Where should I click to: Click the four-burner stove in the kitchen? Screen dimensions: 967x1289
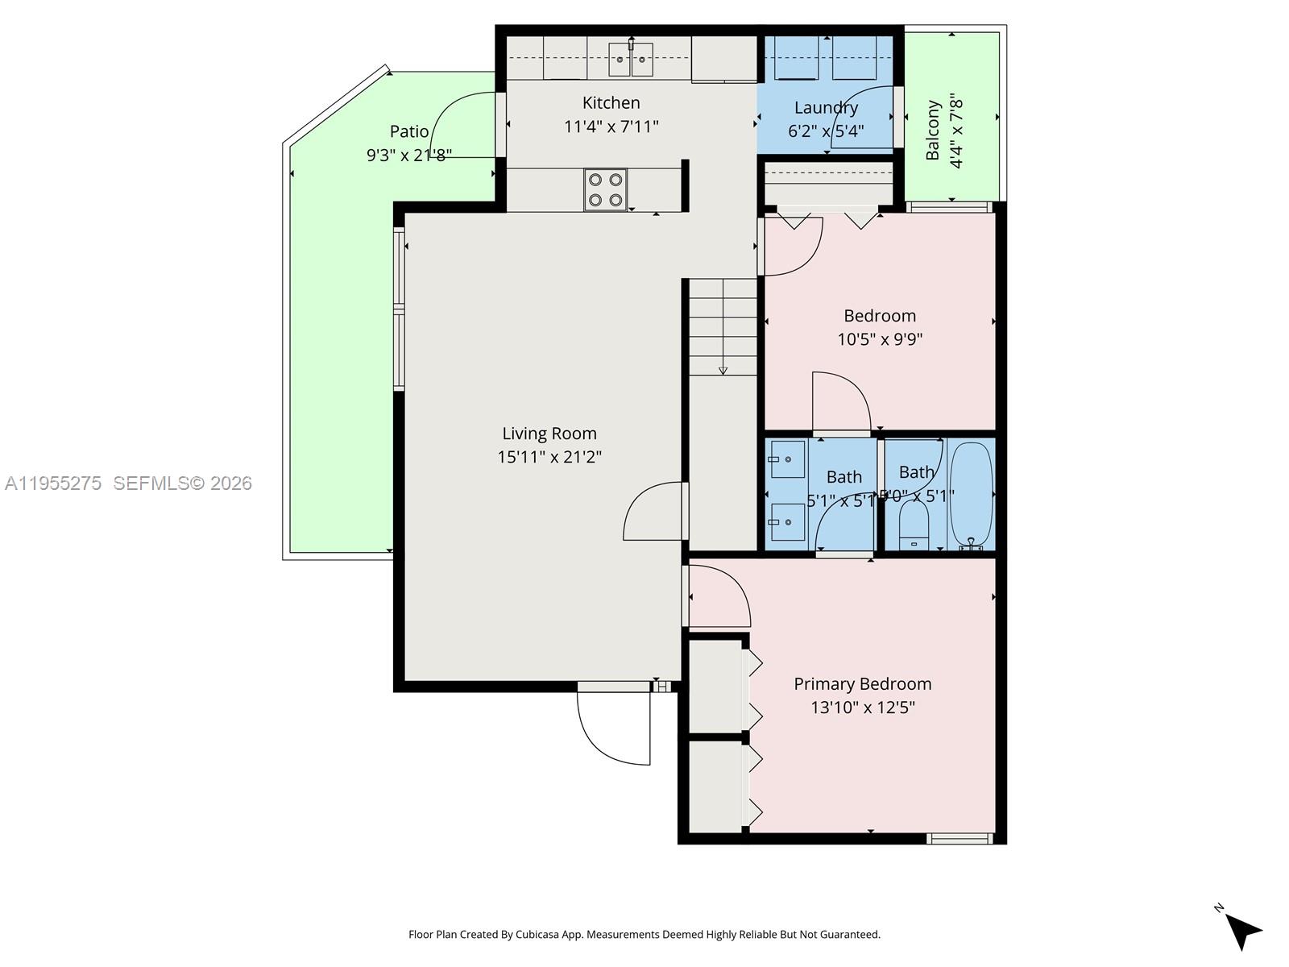coord(605,190)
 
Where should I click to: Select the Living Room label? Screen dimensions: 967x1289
coord(549,434)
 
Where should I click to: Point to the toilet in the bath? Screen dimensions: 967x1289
coord(914,525)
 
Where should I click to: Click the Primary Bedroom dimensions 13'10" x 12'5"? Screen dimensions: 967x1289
coord(863,708)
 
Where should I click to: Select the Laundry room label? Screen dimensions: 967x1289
coord(826,107)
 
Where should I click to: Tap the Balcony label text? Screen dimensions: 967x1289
coord(933,131)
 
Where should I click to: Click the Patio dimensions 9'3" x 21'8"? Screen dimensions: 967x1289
coord(409,155)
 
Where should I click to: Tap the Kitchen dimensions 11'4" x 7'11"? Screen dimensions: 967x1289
coord(611,127)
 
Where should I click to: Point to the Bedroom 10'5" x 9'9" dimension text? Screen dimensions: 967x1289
coord(880,339)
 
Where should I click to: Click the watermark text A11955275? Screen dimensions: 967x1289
coord(53,483)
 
